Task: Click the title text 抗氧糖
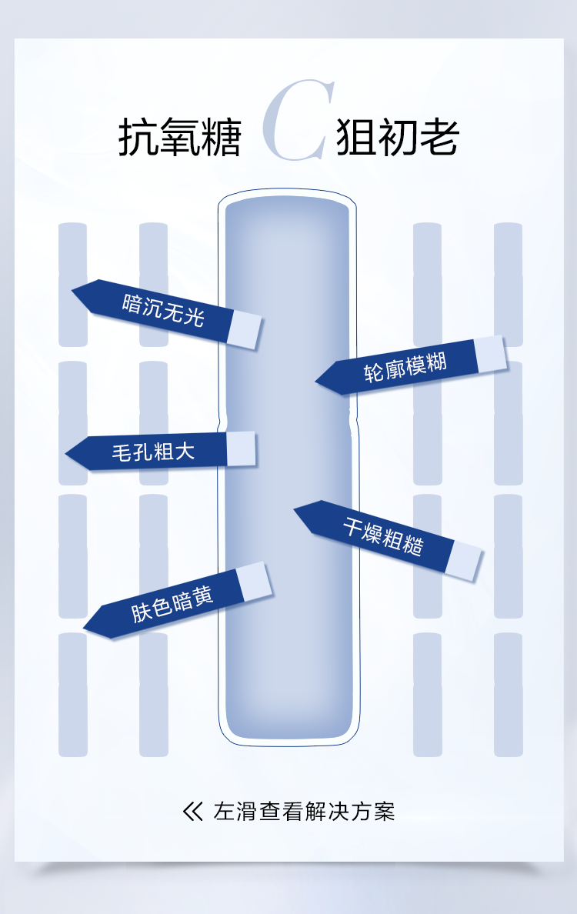coord(179,138)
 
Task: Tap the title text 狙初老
coord(398,138)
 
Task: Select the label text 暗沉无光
coord(163,309)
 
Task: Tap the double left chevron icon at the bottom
coord(192,812)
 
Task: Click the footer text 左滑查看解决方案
coord(304,812)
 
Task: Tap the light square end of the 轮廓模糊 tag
coord(490,353)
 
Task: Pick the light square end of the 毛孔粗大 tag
coord(241,448)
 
